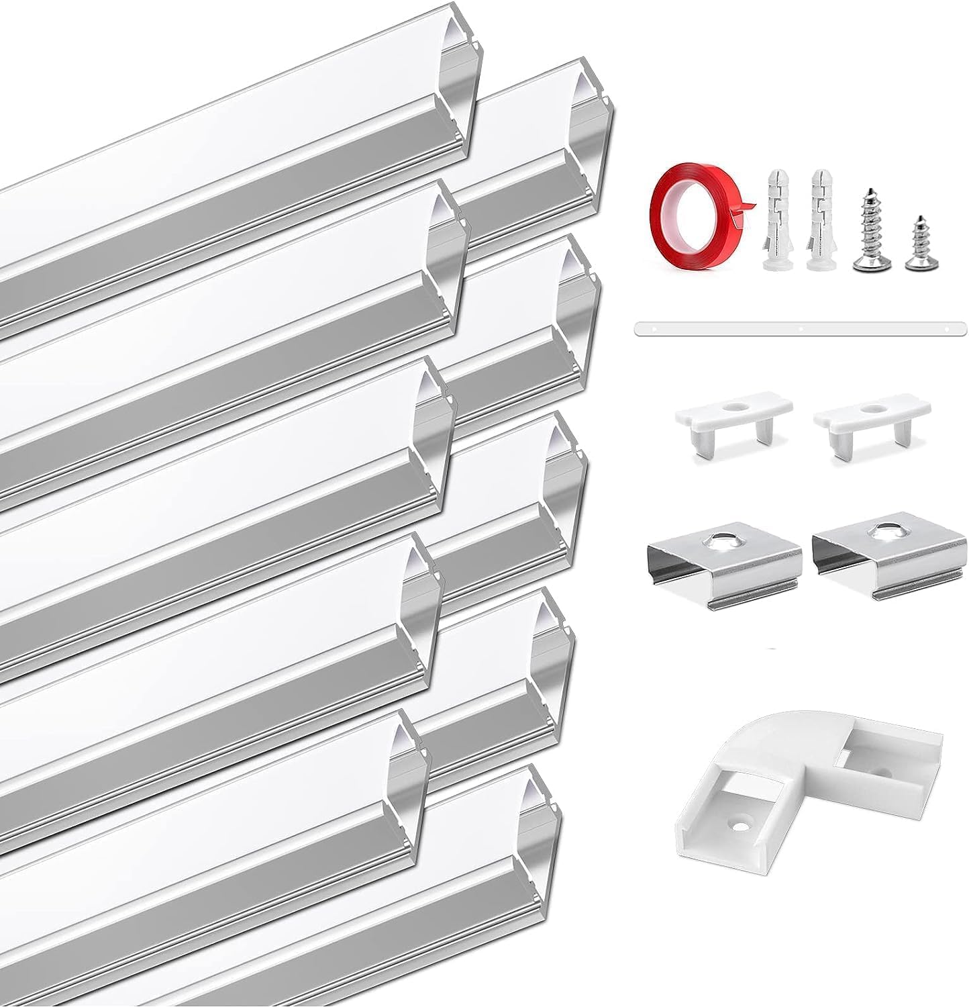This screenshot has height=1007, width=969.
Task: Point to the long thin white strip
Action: point(799,329)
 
